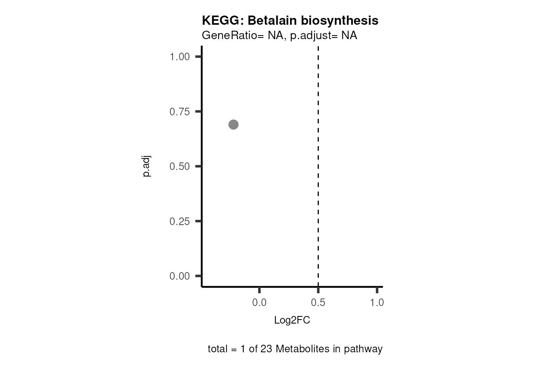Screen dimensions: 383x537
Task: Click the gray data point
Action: click(233, 125)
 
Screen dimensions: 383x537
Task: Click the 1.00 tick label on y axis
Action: click(179, 57)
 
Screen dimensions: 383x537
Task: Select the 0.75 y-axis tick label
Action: click(179, 112)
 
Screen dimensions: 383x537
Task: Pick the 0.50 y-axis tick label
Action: click(179, 166)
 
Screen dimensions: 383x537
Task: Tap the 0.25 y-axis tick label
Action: click(179, 221)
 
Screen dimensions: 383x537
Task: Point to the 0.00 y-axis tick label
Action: click(179, 276)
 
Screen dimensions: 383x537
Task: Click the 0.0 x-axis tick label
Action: click(259, 303)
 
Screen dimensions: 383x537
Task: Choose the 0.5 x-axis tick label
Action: click(318, 303)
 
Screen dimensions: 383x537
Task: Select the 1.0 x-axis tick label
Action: click(377, 303)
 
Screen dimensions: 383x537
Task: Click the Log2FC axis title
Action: click(292, 320)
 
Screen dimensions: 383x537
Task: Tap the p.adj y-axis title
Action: click(147, 166)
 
